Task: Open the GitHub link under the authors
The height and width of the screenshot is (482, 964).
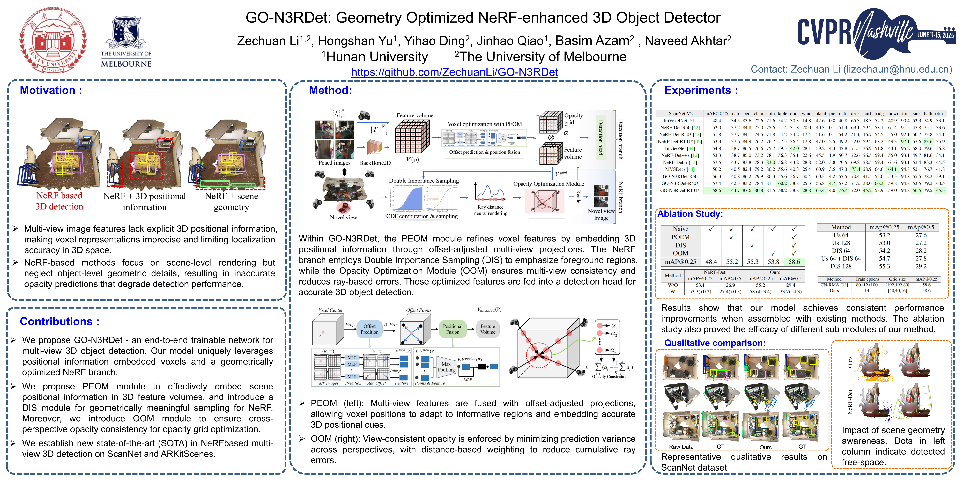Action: (454, 72)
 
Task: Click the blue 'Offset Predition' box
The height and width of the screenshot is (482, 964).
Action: (369, 329)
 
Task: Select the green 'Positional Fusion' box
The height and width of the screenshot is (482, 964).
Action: (452, 329)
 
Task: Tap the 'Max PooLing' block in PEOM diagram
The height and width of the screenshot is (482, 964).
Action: (446, 367)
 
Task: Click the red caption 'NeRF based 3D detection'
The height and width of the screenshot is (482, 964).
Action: (59, 201)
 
